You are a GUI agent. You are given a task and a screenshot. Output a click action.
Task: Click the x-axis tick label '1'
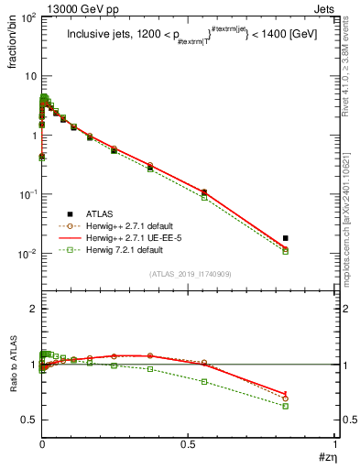click(334, 444)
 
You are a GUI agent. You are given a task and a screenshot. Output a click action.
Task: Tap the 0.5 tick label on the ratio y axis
click(28, 420)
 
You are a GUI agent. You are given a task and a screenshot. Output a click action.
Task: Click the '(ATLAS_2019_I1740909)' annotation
click(189, 274)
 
